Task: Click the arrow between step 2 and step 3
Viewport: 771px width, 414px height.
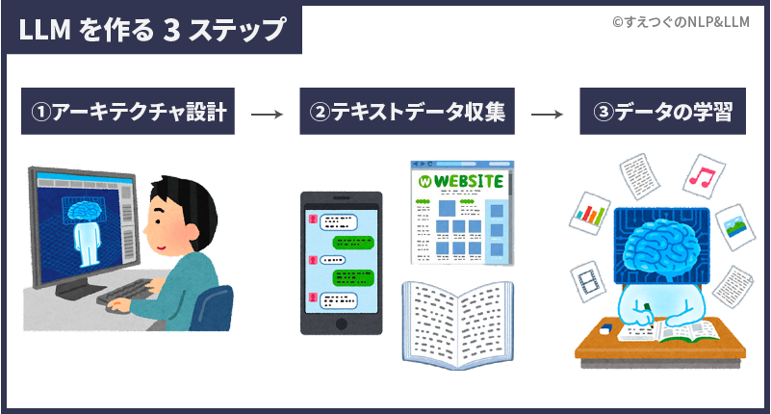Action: [x=546, y=114]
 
